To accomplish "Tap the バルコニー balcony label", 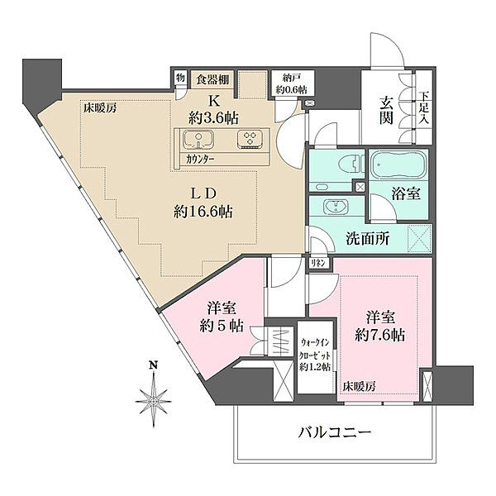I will [x=330, y=433].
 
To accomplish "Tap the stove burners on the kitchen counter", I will [x=249, y=138].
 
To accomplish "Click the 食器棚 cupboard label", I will [x=211, y=80].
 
